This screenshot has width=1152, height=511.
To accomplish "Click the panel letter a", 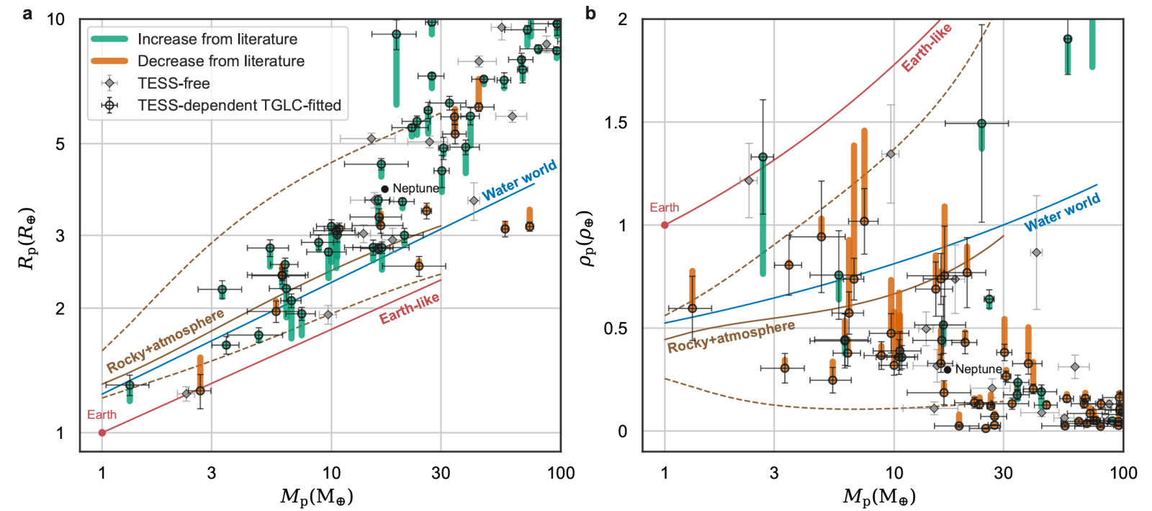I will (27, 14).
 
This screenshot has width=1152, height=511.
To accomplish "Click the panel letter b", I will (590, 14).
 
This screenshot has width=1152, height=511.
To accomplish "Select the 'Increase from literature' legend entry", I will (217, 39).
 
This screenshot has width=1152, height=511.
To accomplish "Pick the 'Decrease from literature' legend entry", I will (220, 61).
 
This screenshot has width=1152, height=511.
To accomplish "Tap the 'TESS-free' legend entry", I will (174, 84).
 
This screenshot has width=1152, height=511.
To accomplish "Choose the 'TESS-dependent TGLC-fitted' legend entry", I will (239, 106).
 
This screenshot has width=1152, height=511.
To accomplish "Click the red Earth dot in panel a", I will (102, 432).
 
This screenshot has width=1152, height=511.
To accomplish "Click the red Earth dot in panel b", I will (665, 225).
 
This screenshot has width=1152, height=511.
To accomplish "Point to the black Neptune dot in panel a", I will (384, 189).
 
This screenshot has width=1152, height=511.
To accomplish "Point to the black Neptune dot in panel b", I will (948, 370).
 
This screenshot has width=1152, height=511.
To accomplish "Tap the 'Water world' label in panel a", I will (519, 180).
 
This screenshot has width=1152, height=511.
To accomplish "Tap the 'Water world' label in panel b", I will (1062, 212).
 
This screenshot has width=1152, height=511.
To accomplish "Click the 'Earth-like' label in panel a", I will (409, 308).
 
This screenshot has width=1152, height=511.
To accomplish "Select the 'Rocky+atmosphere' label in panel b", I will (731, 337).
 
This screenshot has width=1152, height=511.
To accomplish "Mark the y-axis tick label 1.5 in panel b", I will (616, 123).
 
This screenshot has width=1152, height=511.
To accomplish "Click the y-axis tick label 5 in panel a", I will (60, 143).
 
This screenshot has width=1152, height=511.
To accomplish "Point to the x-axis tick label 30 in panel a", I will (441, 473).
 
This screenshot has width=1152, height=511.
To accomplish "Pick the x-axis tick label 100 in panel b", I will (1123, 473).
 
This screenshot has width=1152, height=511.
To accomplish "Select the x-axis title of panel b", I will (879, 497).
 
